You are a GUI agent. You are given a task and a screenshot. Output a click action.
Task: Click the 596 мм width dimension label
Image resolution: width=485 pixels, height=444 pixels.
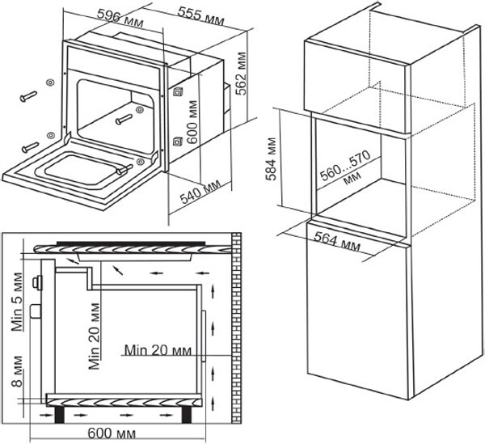120,18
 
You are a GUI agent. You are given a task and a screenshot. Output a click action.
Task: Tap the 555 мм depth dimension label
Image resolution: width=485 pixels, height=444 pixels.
201,16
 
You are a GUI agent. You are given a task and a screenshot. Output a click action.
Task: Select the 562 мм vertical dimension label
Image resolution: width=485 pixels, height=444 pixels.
241,74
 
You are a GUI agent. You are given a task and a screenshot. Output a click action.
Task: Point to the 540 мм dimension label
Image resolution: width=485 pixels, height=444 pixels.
200,192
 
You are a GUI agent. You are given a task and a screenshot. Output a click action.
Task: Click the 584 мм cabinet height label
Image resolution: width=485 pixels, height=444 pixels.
272,159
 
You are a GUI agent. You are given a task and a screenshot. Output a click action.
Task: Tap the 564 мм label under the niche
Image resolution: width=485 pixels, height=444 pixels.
337,241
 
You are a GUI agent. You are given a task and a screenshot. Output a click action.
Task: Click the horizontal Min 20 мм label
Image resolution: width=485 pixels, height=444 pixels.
158,350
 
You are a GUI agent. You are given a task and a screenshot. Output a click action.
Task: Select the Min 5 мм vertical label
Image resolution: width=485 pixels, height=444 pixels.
17,302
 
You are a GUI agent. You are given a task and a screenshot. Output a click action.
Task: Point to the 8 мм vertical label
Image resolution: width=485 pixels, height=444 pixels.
17,371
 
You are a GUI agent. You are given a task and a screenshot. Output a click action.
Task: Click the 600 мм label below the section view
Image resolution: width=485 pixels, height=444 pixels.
112,433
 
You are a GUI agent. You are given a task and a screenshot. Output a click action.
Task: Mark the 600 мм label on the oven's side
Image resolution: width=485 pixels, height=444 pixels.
192,122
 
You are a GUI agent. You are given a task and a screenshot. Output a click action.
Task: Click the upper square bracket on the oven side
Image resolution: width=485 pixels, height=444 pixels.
178,92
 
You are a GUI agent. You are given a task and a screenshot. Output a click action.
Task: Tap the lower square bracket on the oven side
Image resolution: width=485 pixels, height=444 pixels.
178,141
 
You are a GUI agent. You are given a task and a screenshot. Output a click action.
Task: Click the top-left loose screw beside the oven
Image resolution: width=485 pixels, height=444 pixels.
28,96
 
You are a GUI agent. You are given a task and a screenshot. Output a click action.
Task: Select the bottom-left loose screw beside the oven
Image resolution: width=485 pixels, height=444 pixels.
31,147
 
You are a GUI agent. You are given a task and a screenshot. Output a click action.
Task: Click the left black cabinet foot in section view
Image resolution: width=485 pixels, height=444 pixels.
60,415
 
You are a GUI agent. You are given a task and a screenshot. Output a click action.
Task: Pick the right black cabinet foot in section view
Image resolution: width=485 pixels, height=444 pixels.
186,415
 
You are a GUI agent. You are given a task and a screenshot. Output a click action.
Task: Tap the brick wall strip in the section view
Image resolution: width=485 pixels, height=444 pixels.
236,328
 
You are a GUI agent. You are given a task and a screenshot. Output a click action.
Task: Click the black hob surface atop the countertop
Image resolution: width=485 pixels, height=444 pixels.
131,243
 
